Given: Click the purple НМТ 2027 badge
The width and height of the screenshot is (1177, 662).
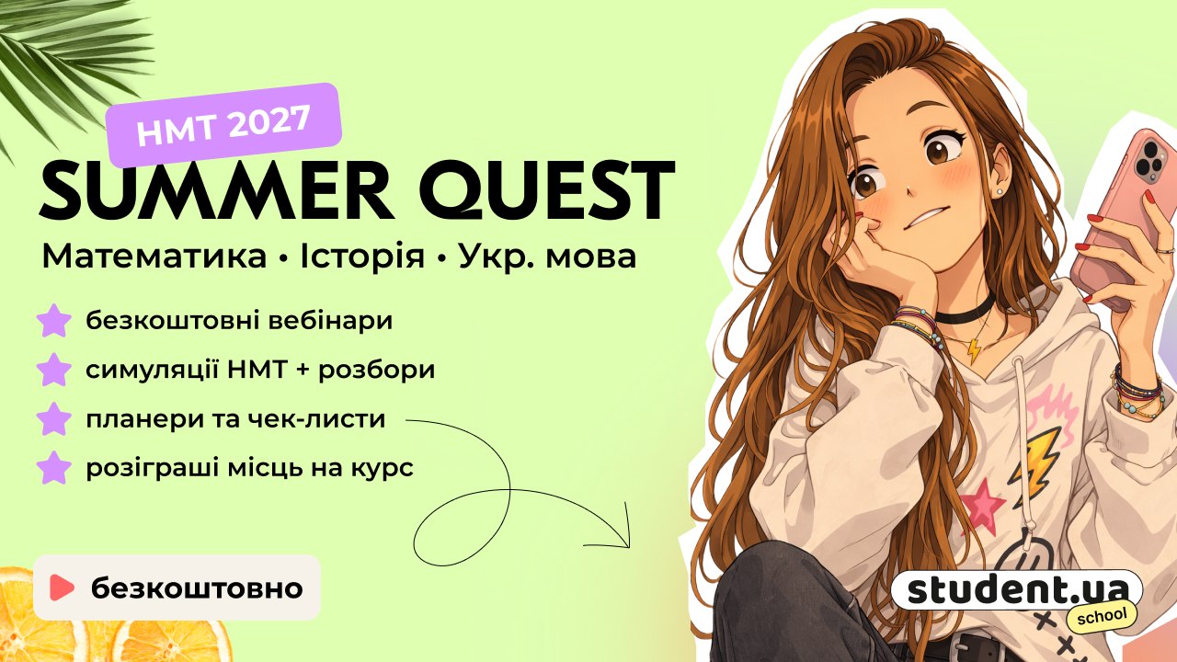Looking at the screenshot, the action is coord(223,124).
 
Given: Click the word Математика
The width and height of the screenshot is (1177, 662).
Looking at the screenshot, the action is coord(154,257).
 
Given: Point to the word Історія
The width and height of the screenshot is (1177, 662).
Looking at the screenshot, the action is coord(362,257).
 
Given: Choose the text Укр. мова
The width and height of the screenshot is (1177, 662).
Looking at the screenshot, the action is coord(547,257).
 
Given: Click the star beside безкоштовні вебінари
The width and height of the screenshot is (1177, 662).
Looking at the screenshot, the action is coord(54,321).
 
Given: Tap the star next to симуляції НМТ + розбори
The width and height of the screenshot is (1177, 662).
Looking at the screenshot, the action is coord(54,370).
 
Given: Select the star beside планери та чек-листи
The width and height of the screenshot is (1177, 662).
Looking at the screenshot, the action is coord(54,418).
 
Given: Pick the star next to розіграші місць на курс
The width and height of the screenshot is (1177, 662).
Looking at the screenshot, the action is coord(54,468).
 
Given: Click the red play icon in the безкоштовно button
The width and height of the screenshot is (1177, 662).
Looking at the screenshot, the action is coord(62,588).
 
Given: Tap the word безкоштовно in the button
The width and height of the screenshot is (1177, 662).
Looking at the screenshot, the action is coord(197,588).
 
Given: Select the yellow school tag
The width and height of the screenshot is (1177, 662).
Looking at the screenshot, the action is coord(1102,615).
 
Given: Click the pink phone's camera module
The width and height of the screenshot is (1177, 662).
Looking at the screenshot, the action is coord(1149,159).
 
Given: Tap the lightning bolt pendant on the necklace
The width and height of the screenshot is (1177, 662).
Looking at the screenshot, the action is coord(974,351).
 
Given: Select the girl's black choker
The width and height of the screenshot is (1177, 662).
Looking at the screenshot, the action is coord(966,312).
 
